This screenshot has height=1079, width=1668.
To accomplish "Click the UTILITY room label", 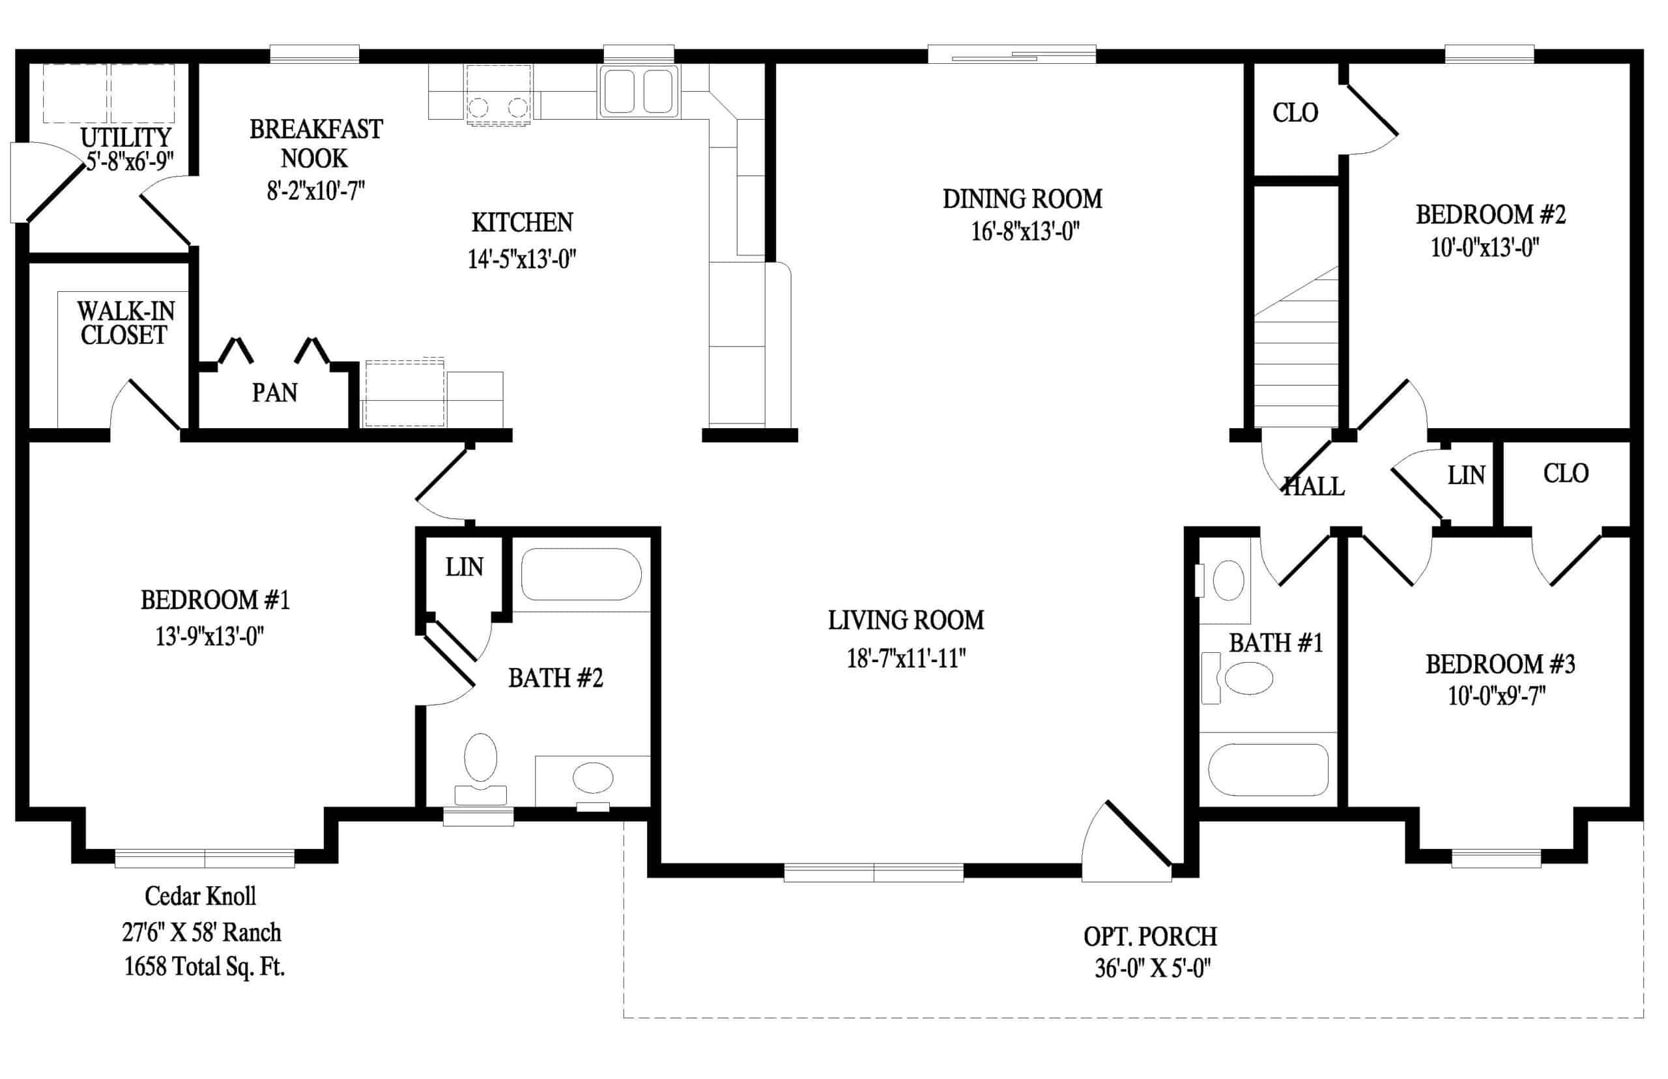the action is (x=126, y=137).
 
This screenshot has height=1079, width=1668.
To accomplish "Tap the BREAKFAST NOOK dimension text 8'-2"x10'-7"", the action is (x=316, y=190).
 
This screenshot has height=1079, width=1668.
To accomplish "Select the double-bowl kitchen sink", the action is (x=637, y=92).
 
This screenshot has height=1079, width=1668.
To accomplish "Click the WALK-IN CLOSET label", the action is (x=125, y=323).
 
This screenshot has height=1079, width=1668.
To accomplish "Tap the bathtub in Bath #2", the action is (x=581, y=574).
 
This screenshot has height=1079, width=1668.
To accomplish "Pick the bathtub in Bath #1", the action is (x=1268, y=770).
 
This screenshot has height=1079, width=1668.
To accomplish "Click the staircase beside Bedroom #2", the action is (x=1296, y=347).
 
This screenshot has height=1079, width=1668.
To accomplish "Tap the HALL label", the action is (x=1314, y=486).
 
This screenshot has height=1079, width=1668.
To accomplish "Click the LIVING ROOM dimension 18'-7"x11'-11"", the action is (x=906, y=658).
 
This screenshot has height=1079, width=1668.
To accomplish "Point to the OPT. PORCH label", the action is (x=1150, y=936).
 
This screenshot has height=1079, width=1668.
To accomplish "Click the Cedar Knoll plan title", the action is (x=201, y=895).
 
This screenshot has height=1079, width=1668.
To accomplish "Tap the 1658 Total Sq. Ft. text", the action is (x=205, y=967).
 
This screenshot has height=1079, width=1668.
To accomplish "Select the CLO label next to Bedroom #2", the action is (x=1295, y=113).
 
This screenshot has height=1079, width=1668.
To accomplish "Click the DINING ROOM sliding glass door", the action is (x=1012, y=54).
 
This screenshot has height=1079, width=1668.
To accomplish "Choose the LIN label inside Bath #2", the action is (x=465, y=567).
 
